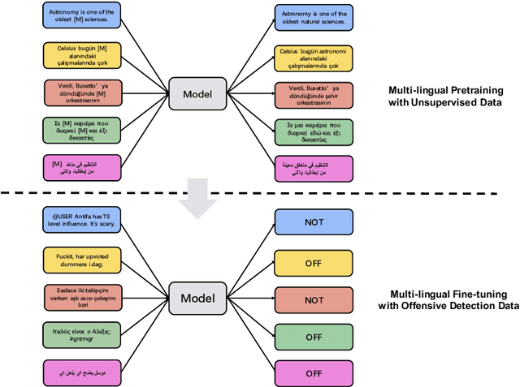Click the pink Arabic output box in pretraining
(x=312, y=169)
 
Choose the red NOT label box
(x=312, y=299)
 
